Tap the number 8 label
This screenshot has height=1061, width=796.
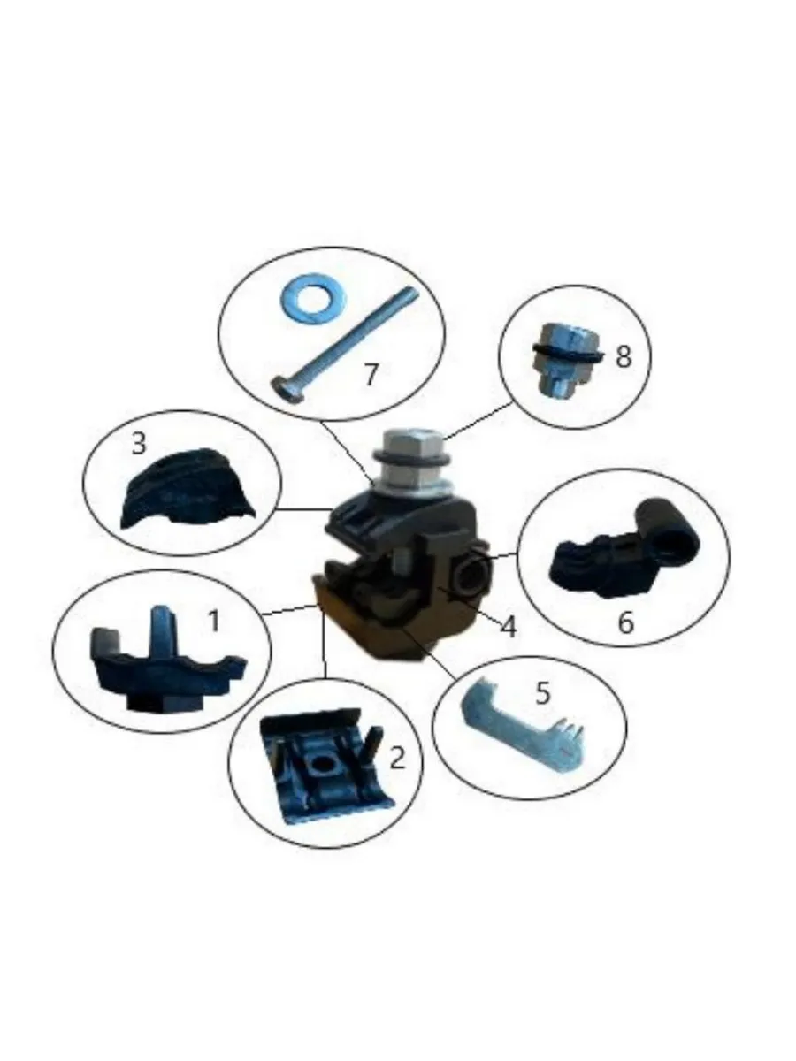[x=623, y=357]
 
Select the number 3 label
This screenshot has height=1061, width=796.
[x=139, y=443]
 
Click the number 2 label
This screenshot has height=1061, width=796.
[x=397, y=758]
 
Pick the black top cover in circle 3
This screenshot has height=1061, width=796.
[x=185, y=489]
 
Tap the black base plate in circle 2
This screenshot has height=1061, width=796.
[x=325, y=773]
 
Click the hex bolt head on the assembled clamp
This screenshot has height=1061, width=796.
[x=412, y=459]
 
